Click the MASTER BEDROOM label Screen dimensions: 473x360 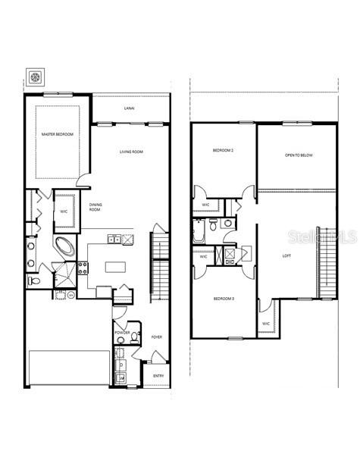click(58, 134)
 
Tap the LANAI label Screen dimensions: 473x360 click(130, 109)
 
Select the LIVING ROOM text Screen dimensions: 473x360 click(131, 152)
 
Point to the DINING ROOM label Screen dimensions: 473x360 click(95, 207)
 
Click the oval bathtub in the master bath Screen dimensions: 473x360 click(64, 246)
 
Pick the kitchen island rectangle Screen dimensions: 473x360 click(116, 268)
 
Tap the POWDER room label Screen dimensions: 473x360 click(123, 333)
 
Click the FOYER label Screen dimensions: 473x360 click(157, 337)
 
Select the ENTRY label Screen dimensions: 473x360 click(158, 375)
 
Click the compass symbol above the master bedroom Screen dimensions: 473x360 click(35, 77)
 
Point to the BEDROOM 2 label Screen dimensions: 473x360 click(223, 151)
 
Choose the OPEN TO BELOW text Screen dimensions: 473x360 click(299, 155)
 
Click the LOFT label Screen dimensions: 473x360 click(286, 255)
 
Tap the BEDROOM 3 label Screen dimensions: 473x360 click(224, 299)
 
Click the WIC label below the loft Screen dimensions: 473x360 click(266, 324)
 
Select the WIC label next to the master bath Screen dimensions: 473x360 click(64, 211)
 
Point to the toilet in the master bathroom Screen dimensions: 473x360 click(33, 280)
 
